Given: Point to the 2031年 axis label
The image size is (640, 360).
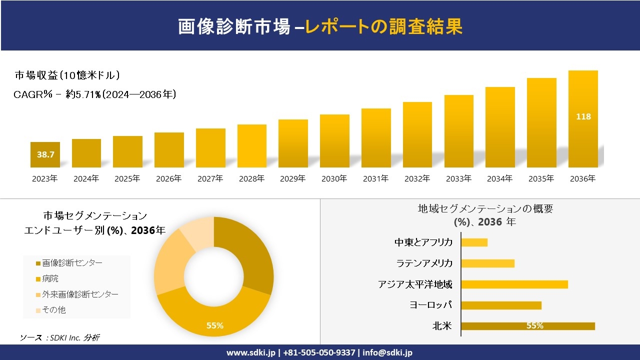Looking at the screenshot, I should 375,178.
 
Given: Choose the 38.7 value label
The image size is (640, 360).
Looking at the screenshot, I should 45,154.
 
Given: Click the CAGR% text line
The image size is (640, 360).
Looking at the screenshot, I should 95,94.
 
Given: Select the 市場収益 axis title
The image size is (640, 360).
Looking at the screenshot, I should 67,75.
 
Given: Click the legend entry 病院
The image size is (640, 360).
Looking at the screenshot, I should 50,278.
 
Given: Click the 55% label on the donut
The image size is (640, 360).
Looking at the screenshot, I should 215,325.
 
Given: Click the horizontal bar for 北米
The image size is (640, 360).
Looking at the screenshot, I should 527,326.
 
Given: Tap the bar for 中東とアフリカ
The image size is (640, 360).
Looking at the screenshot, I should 474,242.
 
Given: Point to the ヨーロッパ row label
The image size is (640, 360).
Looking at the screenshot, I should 430,305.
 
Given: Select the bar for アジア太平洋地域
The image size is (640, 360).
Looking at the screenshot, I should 514,284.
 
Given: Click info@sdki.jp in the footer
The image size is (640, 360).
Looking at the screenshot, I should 387,352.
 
